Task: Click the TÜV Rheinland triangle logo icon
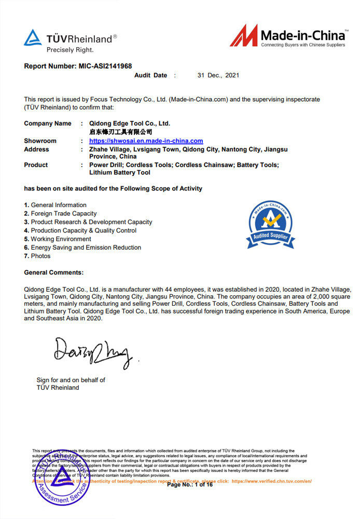tap(33, 38)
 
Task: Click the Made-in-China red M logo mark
tap(243, 36)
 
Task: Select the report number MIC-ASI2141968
tap(105, 66)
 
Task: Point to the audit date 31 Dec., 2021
tap(218, 75)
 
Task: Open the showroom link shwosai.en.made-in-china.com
tap(146, 141)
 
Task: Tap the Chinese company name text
tap(121, 132)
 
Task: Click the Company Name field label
tap(48, 124)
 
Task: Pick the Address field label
tap(36, 149)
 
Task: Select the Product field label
tap(36, 165)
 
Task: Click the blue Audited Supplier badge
tap(270, 225)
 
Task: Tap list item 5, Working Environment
tap(58, 239)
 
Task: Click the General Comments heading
tap(53, 272)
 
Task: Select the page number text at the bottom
tap(189, 485)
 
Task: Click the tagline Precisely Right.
tap(70, 50)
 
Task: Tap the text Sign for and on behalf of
tap(71, 380)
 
